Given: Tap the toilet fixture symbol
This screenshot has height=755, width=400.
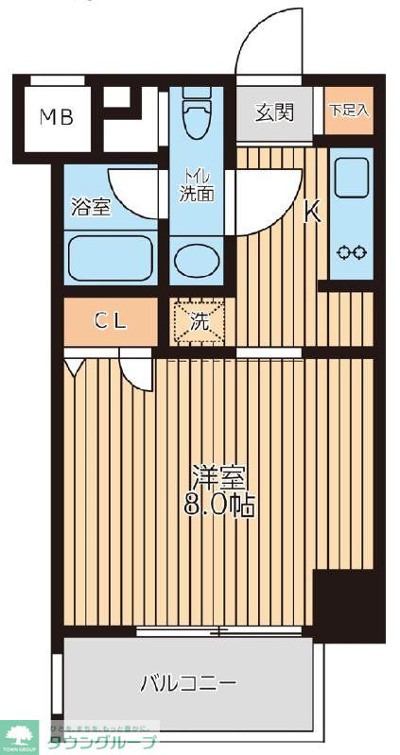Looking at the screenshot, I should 197,118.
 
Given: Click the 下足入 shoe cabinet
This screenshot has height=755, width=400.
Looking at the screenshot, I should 349,112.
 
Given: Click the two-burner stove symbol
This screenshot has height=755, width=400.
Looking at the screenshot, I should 351,252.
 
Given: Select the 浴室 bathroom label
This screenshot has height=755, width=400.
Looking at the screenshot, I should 91,207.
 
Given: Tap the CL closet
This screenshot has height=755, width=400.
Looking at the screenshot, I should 110,321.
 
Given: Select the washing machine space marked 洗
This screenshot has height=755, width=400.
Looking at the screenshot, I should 198,321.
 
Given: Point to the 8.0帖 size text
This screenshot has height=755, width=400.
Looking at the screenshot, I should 218,505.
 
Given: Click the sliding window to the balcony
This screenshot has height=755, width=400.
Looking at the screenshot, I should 222,630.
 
